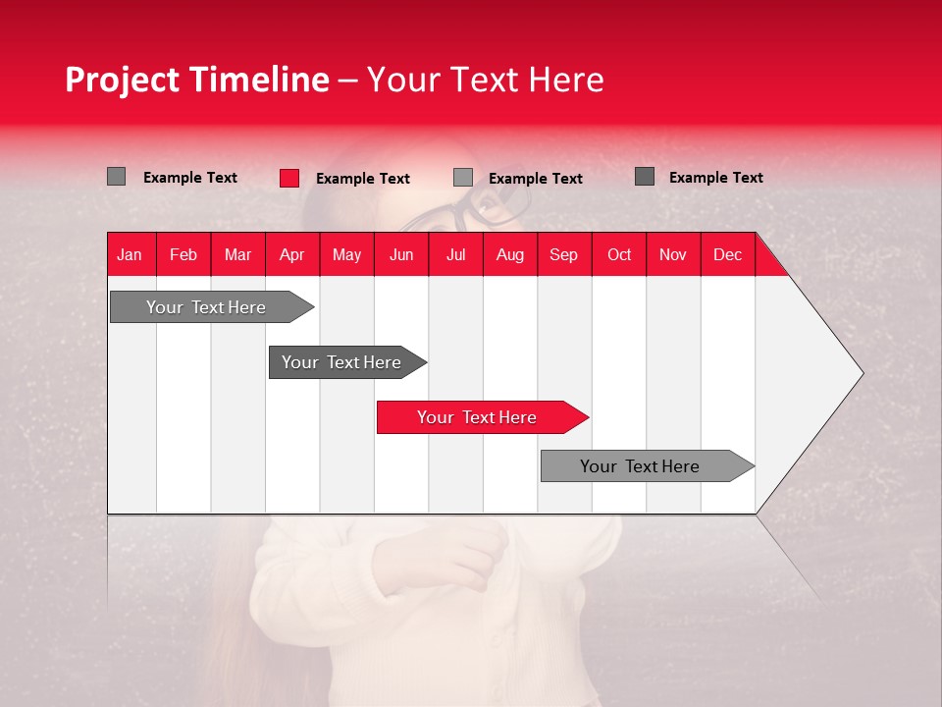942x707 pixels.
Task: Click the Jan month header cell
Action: point(130,254)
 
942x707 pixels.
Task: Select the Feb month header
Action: point(183,254)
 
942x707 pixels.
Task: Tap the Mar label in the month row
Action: point(237,254)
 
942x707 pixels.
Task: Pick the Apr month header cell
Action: point(292,254)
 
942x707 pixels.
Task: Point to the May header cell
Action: point(346,254)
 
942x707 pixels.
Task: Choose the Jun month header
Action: point(401,254)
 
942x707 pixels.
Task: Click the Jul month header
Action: point(456,254)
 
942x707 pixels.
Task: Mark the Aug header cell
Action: point(510,254)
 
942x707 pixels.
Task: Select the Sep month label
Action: point(564,254)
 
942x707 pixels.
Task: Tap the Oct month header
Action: point(619,254)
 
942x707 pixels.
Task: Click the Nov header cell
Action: point(673,254)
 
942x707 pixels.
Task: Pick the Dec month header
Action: point(728,254)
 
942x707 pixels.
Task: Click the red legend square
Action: point(289,178)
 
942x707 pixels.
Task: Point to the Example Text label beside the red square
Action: point(363,179)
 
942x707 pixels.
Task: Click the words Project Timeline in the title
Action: point(197,80)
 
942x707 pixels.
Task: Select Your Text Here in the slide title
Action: point(486,80)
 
